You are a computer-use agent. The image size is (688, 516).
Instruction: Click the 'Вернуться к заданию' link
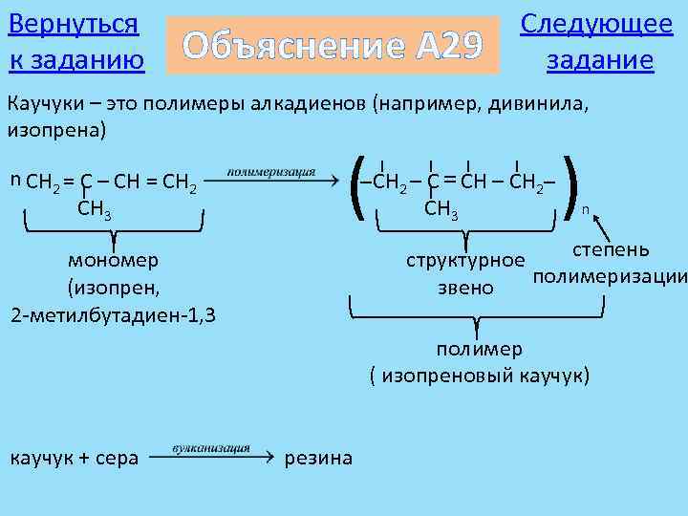75,42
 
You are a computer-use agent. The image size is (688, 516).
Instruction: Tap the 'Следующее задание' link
596,42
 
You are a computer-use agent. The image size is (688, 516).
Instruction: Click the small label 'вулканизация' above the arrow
211,446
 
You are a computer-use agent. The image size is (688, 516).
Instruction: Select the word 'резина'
318,459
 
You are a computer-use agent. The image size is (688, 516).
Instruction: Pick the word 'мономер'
114,260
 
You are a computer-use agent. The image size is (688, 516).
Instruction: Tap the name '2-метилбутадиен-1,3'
113,314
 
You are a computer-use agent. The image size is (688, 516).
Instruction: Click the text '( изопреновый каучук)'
481,376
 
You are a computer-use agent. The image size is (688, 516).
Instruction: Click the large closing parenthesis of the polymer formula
572,185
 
